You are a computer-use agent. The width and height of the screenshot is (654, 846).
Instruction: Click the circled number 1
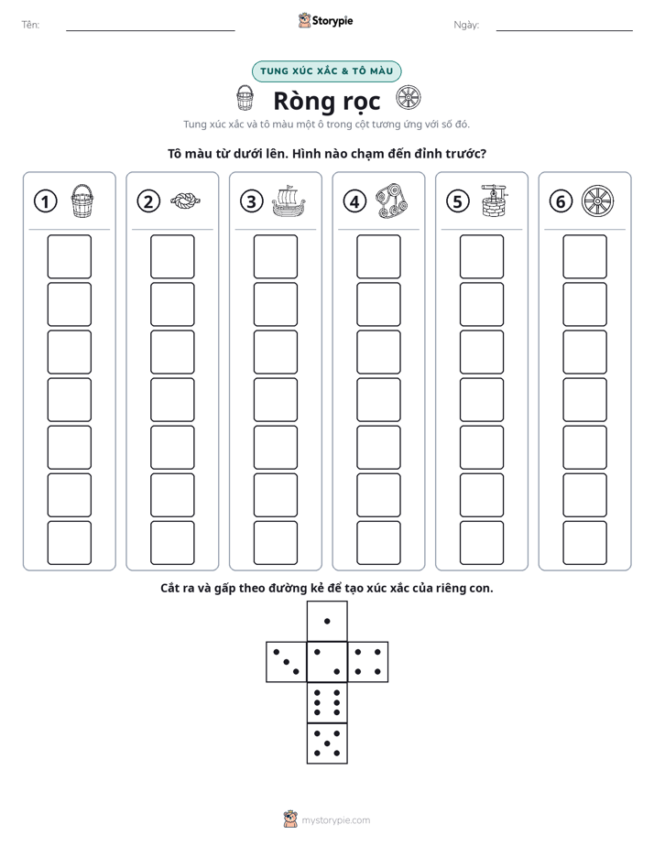tap(45, 201)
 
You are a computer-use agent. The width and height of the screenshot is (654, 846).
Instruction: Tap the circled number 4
tap(354, 201)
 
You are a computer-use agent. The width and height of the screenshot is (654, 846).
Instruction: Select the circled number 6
tap(561, 201)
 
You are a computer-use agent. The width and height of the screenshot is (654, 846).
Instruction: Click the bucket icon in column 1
tap(82, 201)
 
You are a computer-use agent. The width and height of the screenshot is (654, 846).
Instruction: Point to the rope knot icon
tap(185, 201)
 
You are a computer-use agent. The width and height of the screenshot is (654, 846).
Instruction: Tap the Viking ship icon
tap(289, 201)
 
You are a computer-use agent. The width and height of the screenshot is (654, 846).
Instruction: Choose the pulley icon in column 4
tap(392, 201)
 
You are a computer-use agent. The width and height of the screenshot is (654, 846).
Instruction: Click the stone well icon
tap(495, 201)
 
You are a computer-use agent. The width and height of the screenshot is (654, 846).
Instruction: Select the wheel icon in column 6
tap(598, 201)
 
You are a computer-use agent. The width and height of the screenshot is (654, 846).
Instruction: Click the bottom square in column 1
tap(69, 543)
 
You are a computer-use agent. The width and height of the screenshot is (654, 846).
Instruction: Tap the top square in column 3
tap(275, 256)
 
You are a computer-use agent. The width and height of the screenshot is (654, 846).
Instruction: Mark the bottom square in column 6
tap(584, 543)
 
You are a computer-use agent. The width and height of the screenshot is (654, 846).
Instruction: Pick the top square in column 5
tap(481, 256)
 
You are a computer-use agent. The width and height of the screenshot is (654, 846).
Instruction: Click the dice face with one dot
tap(327, 621)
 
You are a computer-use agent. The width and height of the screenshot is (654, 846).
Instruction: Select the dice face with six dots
tap(327, 702)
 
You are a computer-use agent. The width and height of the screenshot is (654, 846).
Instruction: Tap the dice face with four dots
tap(368, 662)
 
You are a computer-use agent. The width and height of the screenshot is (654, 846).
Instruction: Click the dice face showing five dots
tap(327, 743)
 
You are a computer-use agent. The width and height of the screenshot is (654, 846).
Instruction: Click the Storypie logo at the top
tap(325, 20)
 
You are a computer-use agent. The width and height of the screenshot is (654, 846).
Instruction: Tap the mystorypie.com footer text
tap(335, 820)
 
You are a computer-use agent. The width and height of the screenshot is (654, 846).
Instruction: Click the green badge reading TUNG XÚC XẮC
tap(326, 71)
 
